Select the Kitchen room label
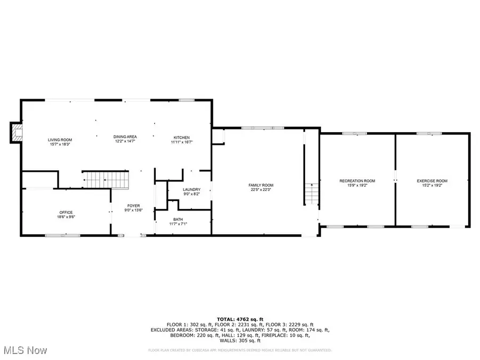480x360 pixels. tap(181, 137)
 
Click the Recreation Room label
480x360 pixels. tap(357, 181)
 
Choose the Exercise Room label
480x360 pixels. tap(432, 181)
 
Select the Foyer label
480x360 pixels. tap(133, 206)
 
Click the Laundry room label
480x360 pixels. tap(191, 189)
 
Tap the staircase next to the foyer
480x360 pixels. tap(106, 180)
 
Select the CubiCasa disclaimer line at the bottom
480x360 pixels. tap(239, 350)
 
